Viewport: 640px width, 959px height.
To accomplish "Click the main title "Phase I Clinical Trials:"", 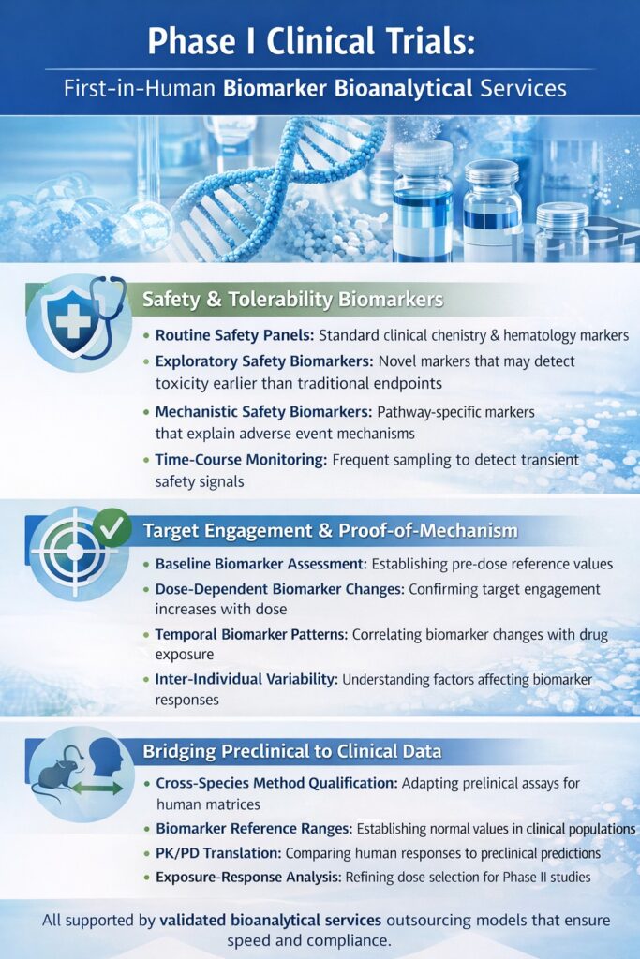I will [320, 41].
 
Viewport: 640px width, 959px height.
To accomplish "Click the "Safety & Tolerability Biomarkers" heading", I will [292, 301].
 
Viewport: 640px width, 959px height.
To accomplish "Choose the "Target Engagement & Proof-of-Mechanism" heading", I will [330, 531].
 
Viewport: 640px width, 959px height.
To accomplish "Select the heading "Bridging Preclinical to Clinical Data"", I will [292, 751].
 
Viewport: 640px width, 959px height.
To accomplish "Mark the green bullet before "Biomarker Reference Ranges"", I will [146, 830].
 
